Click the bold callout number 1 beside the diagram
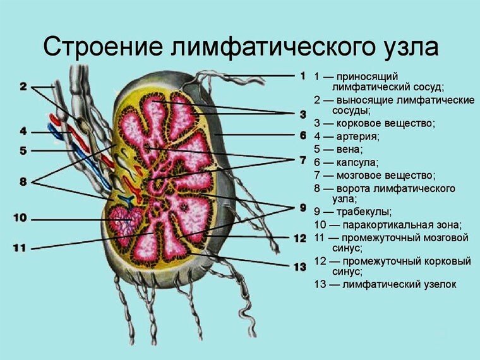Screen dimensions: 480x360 tap(303, 75)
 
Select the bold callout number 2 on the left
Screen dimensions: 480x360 tap(23, 87)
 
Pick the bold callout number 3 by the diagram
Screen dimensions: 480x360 tap(303, 114)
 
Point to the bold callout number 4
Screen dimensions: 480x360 tap(23, 131)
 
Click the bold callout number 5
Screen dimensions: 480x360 tap(23, 150)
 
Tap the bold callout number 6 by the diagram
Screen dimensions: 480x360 tap(303, 135)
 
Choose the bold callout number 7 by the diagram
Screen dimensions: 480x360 tap(303, 160)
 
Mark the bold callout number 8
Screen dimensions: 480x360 tap(23, 182)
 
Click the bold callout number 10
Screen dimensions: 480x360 tap(20, 218)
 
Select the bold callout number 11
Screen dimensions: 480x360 tap(20, 248)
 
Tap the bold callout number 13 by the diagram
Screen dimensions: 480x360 tap(300, 267)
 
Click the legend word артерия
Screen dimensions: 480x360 tap(358, 136)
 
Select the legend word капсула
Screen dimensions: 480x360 tap(357, 162)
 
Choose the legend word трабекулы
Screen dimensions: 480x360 tap(364, 212)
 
